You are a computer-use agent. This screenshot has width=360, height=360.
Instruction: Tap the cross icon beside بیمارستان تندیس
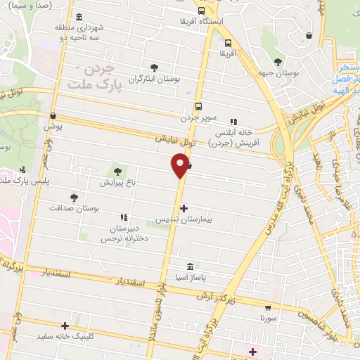click(184, 208)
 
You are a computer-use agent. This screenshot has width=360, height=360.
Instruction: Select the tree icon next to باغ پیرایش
click(117, 170)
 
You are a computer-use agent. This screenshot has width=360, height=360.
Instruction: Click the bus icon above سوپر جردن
click(199, 107)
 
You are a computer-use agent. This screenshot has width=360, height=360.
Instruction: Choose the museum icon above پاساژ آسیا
click(191, 266)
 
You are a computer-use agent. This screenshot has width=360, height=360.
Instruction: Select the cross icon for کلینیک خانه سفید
click(65, 326)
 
